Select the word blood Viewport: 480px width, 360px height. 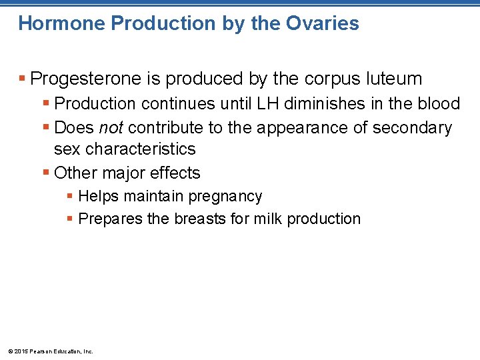[x=437, y=104]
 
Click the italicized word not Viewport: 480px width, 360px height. [x=111, y=127]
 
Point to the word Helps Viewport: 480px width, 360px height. [x=96, y=197]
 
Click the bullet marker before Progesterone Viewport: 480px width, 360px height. [x=23, y=79]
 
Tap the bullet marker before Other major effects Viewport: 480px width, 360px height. [x=46, y=173]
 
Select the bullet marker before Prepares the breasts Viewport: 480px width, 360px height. [x=71, y=219]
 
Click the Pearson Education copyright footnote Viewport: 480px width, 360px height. [x=50, y=351]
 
